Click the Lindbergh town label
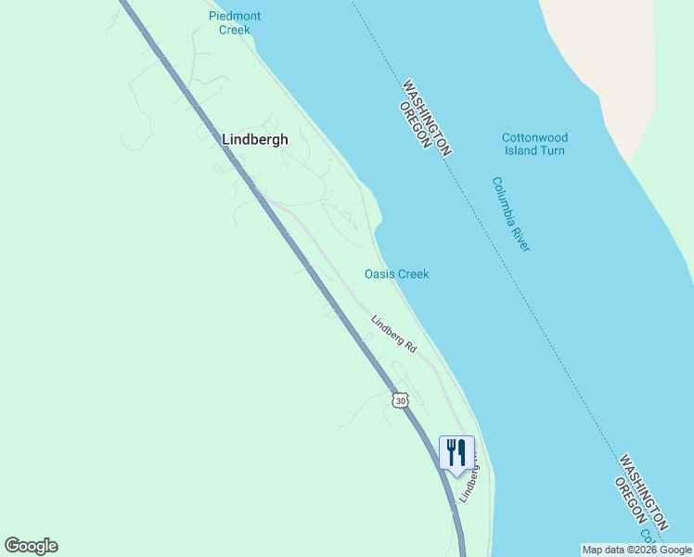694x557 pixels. [255, 139]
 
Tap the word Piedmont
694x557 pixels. [235, 16]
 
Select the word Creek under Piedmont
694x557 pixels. [235, 30]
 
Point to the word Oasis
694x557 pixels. [379, 274]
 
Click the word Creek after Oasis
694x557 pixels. [414, 274]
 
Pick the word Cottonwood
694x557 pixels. [534, 137]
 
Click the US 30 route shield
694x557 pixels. [399, 399]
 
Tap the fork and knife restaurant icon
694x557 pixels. [456, 453]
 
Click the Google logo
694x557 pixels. [31, 546]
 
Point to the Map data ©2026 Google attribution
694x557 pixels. [636, 550]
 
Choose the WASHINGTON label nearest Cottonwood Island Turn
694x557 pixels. [427, 115]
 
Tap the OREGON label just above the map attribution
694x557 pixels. [631, 502]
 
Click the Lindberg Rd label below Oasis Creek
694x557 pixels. [394, 333]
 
